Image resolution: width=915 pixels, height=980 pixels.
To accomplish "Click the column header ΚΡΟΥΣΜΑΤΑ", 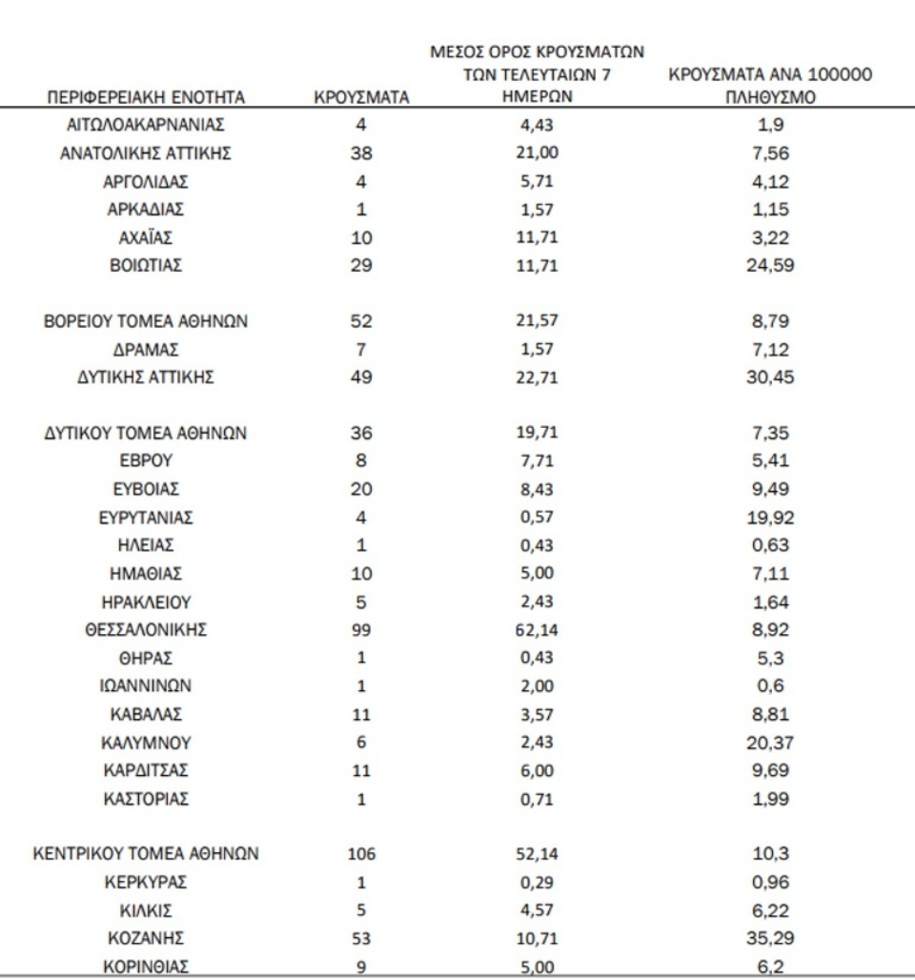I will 361,96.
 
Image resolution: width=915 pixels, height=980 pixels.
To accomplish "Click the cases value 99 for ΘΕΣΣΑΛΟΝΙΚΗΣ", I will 361,629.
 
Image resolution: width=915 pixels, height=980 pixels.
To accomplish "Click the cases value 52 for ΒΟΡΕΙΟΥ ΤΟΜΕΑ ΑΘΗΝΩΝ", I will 361,321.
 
